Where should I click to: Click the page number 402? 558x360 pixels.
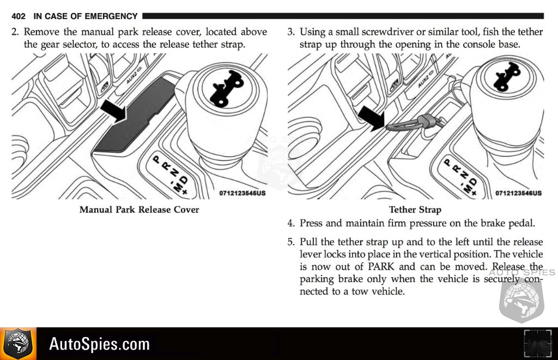click(x=19, y=16)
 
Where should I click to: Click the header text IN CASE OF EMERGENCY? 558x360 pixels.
click(x=86, y=16)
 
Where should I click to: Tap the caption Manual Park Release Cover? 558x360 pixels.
click(x=139, y=210)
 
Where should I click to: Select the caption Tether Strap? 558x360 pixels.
click(x=415, y=210)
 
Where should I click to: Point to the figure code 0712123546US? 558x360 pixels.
click(x=518, y=193)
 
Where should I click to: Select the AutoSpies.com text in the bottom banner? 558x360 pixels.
click(x=99, y=344)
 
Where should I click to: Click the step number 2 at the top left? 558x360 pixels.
click(x=15, y=32)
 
